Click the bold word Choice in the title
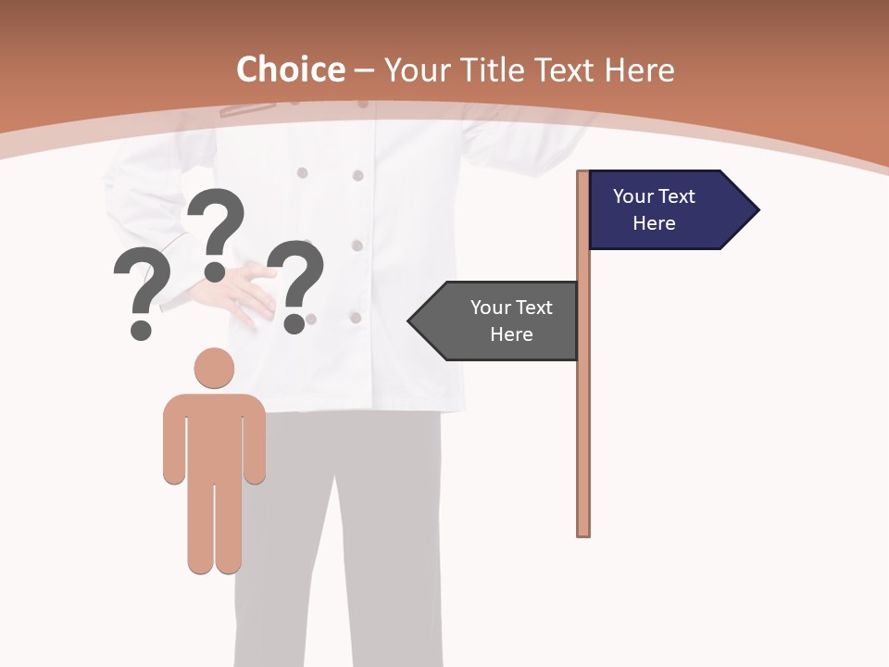290,69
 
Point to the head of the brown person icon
214,368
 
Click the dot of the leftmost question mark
141,329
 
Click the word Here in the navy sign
654,223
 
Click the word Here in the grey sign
511,334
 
